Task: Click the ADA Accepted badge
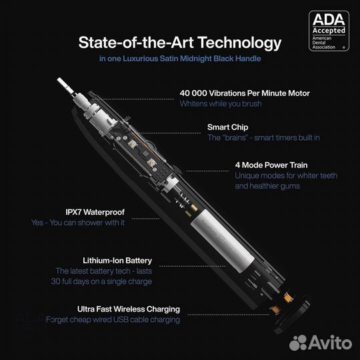(329, 31)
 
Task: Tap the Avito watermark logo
(321, 343)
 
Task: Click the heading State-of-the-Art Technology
(180, 43)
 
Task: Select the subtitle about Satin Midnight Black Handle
(180, 59)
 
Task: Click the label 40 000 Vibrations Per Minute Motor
(245, 93)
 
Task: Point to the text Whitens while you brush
(221, 103)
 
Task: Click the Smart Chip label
(228, 127)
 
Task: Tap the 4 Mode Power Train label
(271, 165)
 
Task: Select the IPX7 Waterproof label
(95, 212)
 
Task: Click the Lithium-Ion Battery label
(117, 261)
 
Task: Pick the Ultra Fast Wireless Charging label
(129, 309)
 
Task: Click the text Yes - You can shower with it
(78, 223)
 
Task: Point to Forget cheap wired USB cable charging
(113, 319)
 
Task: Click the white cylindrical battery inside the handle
(223, 241)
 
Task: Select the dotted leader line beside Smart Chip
(170, 133)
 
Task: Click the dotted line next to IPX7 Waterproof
(145, 219)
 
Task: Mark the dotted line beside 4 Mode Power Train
(207, 171)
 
